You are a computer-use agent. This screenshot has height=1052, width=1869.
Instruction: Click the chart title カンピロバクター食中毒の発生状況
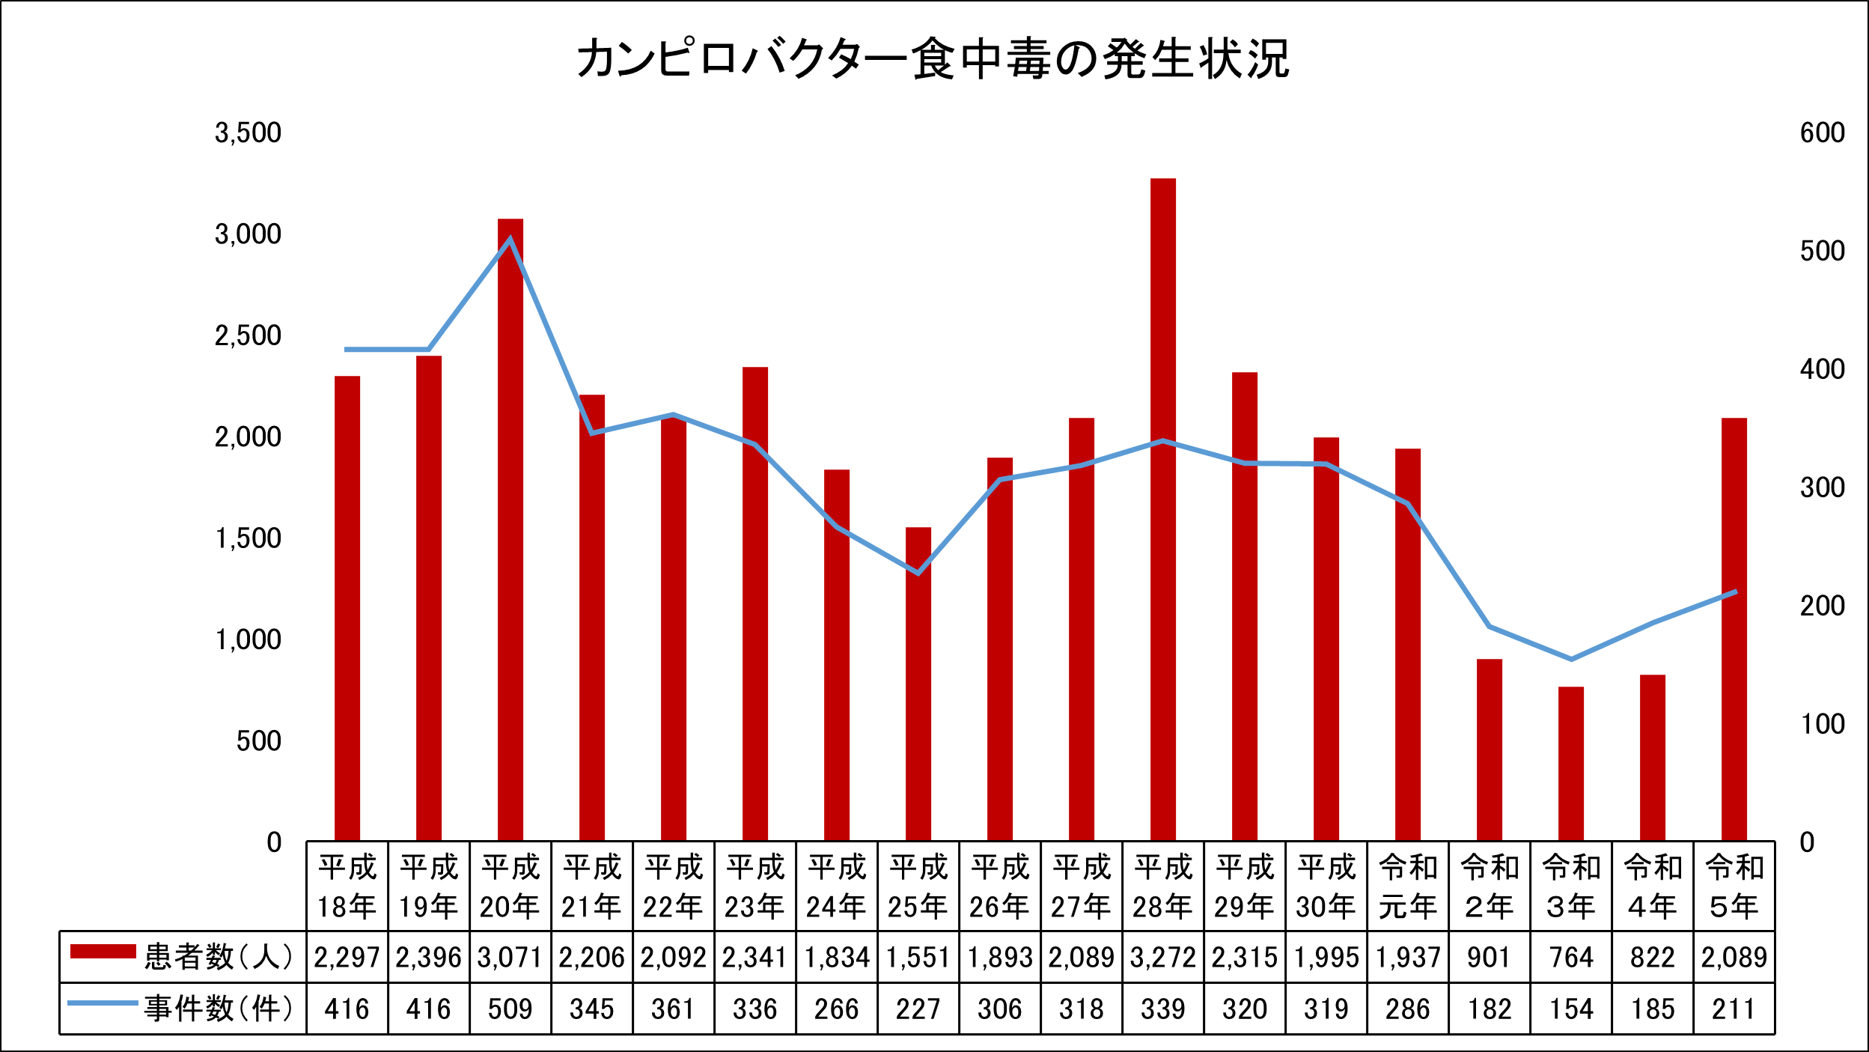click(933, 58)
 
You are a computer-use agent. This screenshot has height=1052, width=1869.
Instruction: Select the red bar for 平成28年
click(1163, 509)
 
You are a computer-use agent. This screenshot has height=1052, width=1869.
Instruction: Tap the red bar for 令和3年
click(1571, 763)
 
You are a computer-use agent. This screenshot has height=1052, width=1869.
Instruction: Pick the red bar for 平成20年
click(510, 529)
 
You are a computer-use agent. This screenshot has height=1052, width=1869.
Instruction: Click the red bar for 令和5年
click(1734, 629)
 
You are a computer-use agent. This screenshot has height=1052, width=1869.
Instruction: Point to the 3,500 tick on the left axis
click(248, 133)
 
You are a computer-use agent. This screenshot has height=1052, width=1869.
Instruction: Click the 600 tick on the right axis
click(1823, 133)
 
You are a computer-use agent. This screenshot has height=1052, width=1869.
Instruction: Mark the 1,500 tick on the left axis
click(248, 538)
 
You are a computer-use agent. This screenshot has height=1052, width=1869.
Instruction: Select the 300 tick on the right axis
click(1823, 487)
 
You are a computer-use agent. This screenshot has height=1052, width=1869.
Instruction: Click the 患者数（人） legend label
click(219, 957)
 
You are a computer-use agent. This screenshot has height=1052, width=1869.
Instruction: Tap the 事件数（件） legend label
click(219, 1009)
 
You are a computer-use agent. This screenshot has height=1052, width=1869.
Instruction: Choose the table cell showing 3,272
click(1163, 958)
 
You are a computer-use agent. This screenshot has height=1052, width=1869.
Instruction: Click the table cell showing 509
click(510, 1009)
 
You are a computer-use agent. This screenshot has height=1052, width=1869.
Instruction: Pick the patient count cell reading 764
click(1571, 958)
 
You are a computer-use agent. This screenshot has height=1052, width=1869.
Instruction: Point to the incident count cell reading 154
click(1571, 1009)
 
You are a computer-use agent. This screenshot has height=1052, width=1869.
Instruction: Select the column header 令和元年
click(1408, 887)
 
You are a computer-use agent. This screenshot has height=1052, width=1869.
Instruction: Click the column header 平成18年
click(347, 887)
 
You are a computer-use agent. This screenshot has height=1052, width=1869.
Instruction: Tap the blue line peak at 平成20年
click(510, 240)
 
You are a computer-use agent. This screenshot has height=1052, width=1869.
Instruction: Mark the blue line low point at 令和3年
click(1571, 659)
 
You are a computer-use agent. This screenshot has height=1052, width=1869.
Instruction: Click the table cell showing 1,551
click(918, 958)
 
